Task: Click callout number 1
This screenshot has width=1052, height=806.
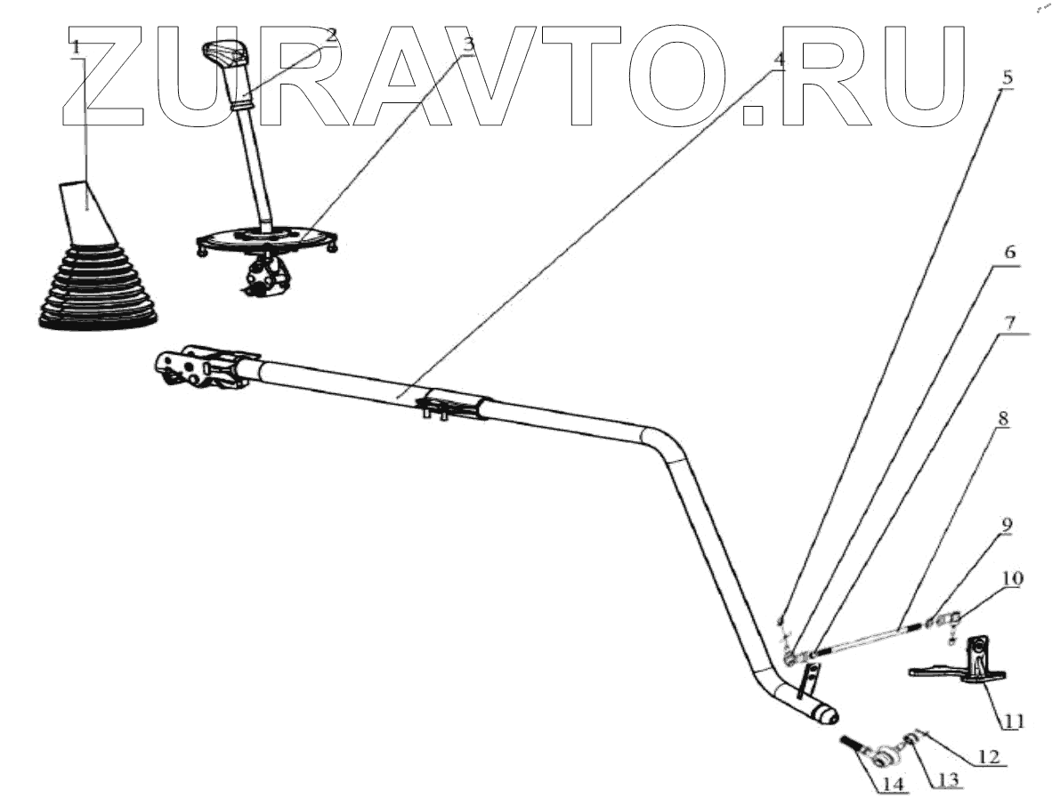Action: coord(77,45)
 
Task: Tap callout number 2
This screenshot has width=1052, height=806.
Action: coord(330,36)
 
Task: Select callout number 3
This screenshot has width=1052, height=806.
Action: coord(469,44)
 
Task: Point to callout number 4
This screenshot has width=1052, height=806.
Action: coord(779,60)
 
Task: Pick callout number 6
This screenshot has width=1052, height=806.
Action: coord(1010,253)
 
